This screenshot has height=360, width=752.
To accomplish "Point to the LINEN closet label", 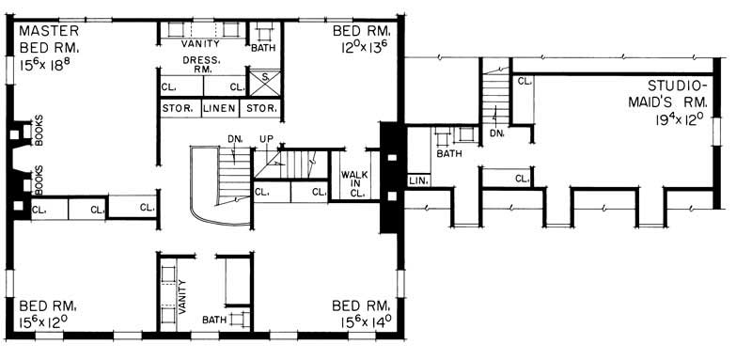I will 220,109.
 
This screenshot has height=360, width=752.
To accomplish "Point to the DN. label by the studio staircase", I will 497,134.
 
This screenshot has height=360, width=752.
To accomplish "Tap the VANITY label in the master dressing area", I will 201,42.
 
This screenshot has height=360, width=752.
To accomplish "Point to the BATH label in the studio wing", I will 450,153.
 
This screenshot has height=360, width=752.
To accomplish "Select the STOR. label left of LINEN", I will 178,109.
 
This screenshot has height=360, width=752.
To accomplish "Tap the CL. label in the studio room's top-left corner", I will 523,83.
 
